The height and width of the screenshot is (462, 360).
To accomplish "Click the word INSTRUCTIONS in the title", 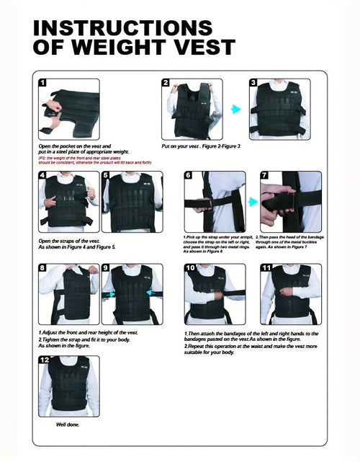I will (123, 27).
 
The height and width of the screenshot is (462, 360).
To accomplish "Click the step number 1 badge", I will (42, 83).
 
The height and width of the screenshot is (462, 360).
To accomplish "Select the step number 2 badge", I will (166, 83).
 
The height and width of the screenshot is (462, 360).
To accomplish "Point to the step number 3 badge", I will (253, 83).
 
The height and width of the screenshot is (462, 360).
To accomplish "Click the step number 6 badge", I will (188, 175).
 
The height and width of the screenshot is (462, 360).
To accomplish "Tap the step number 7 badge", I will (264, 175).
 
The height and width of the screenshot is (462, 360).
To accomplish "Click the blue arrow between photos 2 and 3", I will (235, 110).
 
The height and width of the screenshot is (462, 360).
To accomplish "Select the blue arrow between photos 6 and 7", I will (253, 202).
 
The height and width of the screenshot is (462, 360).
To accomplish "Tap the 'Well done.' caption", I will (68, 424).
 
